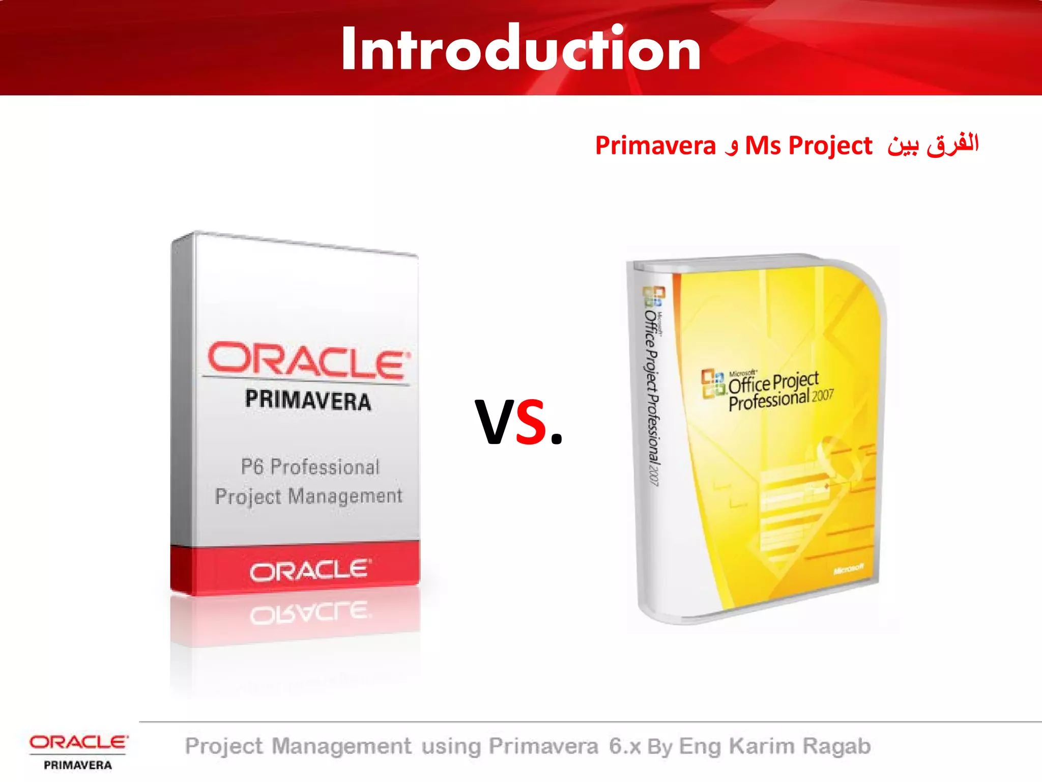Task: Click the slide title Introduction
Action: click(520, 49)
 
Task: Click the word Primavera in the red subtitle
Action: click(655, 146)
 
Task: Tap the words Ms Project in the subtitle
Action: click(808, 146)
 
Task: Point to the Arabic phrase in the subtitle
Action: click(933, 145)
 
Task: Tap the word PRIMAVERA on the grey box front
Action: click(308, 400)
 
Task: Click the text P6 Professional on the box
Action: click(310, 467)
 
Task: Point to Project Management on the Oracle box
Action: click(308, 496)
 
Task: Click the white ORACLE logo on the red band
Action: click(310, 571)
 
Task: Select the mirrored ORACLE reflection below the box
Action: click(310, 614)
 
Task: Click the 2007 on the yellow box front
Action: click(823, 396)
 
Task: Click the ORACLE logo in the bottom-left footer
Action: click(78, 742)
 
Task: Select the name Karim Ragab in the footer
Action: click(800, 746)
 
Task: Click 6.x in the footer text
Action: click(625, 746)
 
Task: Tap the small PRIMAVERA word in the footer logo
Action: click(78, 765)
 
